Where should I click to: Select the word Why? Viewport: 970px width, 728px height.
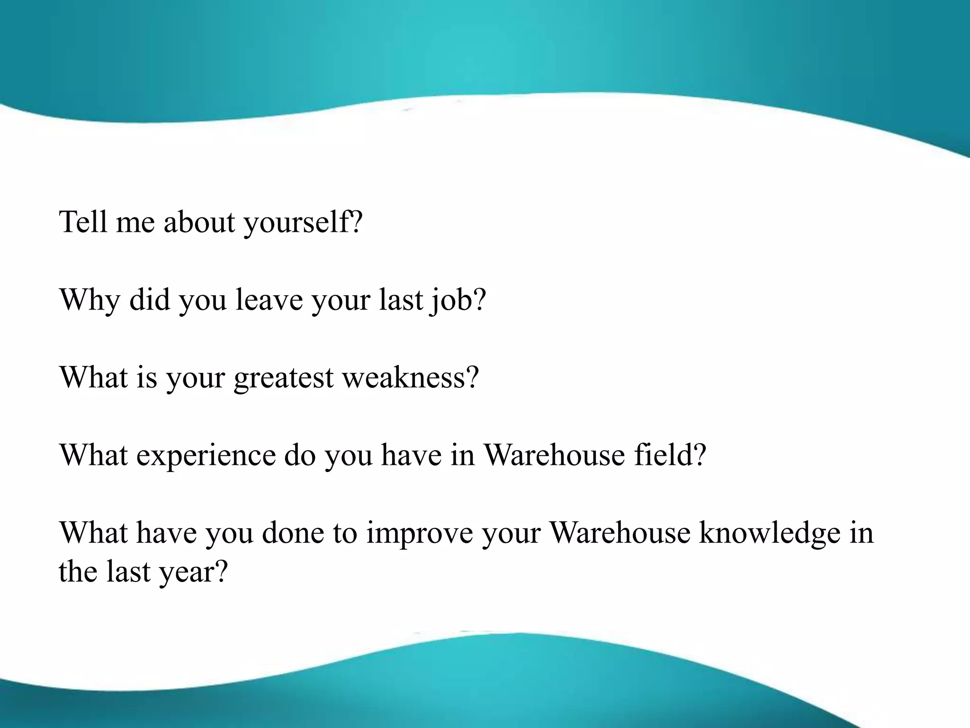89,300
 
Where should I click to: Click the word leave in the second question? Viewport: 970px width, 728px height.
269,300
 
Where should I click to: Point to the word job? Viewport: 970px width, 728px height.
458,300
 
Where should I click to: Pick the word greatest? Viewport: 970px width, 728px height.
283,378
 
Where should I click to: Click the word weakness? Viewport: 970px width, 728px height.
411,377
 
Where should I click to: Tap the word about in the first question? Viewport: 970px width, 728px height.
199,222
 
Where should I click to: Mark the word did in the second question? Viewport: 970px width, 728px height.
149,300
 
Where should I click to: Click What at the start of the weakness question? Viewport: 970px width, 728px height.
93,377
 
